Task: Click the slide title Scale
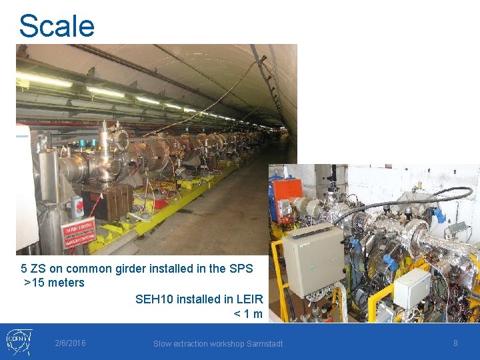coord(57,26)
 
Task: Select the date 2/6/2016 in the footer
coord(70,343)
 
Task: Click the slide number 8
coord(455,343)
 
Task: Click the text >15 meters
coord(55,283)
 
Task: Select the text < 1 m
coord(248,314)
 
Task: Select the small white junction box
coord(412,288)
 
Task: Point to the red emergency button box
coord(77,207)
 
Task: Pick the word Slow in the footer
coord(163,344)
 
